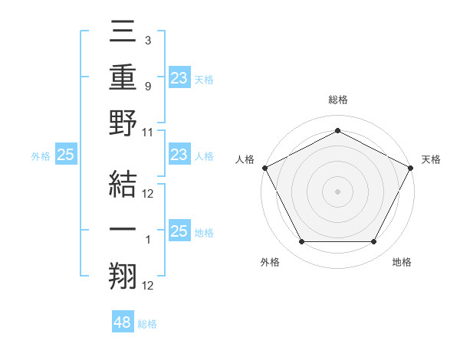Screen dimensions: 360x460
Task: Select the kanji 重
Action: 123,77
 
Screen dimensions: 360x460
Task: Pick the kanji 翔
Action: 123,276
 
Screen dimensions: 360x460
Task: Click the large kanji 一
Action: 123,230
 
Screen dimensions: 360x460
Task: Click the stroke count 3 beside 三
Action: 147,39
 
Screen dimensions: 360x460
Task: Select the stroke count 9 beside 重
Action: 147,87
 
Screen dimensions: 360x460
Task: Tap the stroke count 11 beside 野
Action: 148,132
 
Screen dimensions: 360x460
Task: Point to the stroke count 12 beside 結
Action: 148,193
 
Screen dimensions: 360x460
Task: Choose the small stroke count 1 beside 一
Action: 147,241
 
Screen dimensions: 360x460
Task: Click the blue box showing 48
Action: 123,322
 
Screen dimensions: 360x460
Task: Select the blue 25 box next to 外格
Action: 66,155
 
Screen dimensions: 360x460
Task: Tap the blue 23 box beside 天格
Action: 179,77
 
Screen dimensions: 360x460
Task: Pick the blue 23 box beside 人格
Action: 179,155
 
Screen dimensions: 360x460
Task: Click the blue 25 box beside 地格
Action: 179,232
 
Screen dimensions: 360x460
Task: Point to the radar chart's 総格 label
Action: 337,100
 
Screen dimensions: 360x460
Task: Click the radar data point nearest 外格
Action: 301,242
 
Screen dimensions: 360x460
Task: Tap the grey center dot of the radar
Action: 337,191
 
